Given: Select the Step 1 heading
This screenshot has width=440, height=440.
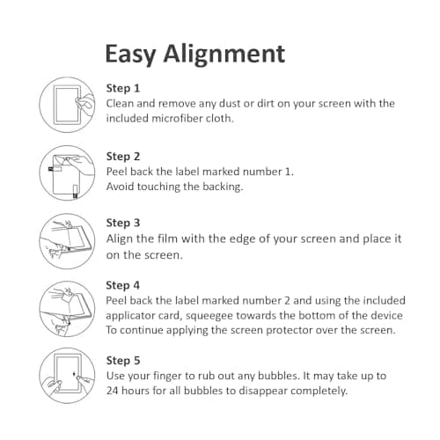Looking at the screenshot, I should [x=123, y=88].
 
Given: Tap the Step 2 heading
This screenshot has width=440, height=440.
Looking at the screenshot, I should [x=123, y=157].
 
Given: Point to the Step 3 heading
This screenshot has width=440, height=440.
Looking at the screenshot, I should [x=123, y=223].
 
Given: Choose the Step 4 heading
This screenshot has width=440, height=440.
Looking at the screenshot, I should [x=123, y=285].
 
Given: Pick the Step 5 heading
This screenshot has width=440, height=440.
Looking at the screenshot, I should [x=123, y=361].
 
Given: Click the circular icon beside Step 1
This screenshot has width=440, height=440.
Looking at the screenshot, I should [x=68, y=105].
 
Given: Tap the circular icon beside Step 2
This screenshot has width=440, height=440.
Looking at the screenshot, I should [x=68, y=171].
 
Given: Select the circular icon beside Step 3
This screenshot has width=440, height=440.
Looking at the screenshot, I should [x=68, y=239].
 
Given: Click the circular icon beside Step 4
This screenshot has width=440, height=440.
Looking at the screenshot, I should [x=68, y=305].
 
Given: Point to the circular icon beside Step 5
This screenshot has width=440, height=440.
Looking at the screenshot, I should [x=68, y=376].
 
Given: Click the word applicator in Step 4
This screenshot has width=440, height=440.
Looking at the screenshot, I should [x=134, y=315].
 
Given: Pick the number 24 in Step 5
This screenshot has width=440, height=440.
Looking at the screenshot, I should [x=114, y=391].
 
